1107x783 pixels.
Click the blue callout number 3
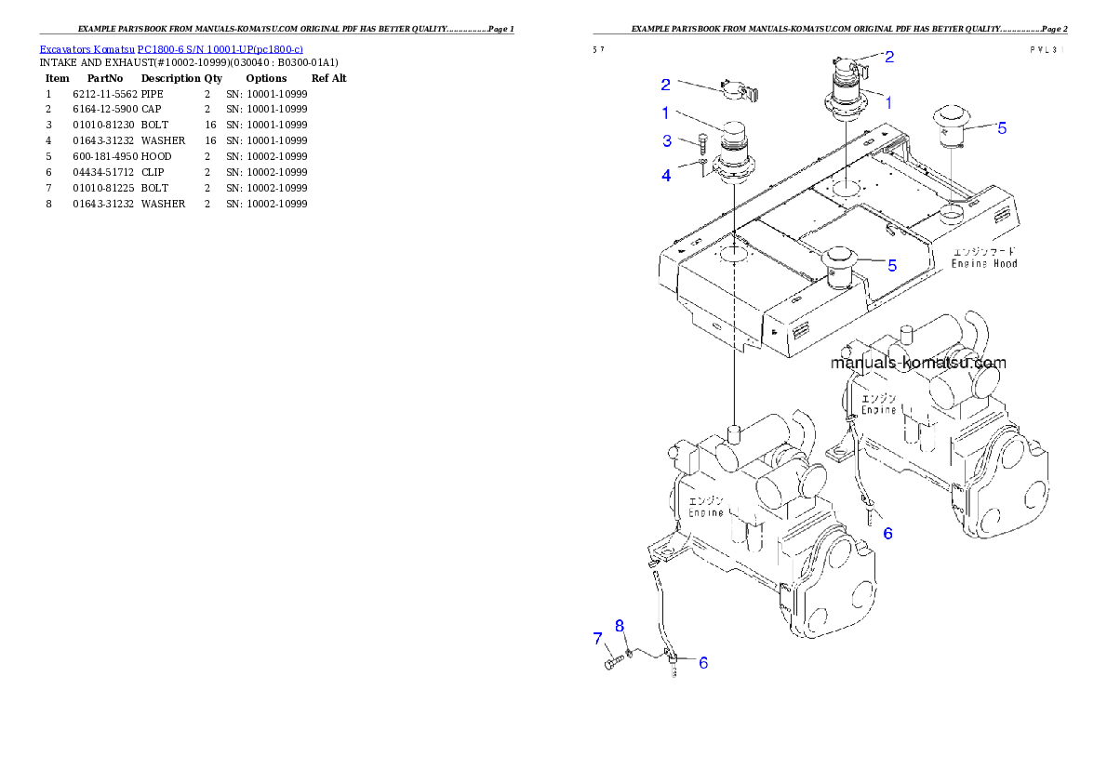point(666,141)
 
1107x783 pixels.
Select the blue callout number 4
point(666,175)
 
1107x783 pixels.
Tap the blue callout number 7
point(598,638)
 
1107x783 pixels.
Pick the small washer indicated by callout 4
point(702,167)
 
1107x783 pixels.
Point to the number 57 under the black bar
point(598,51)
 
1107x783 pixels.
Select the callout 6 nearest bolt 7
point(703,663)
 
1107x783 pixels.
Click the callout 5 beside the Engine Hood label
point(891,265)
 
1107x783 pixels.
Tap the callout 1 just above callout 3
point(666,113)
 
